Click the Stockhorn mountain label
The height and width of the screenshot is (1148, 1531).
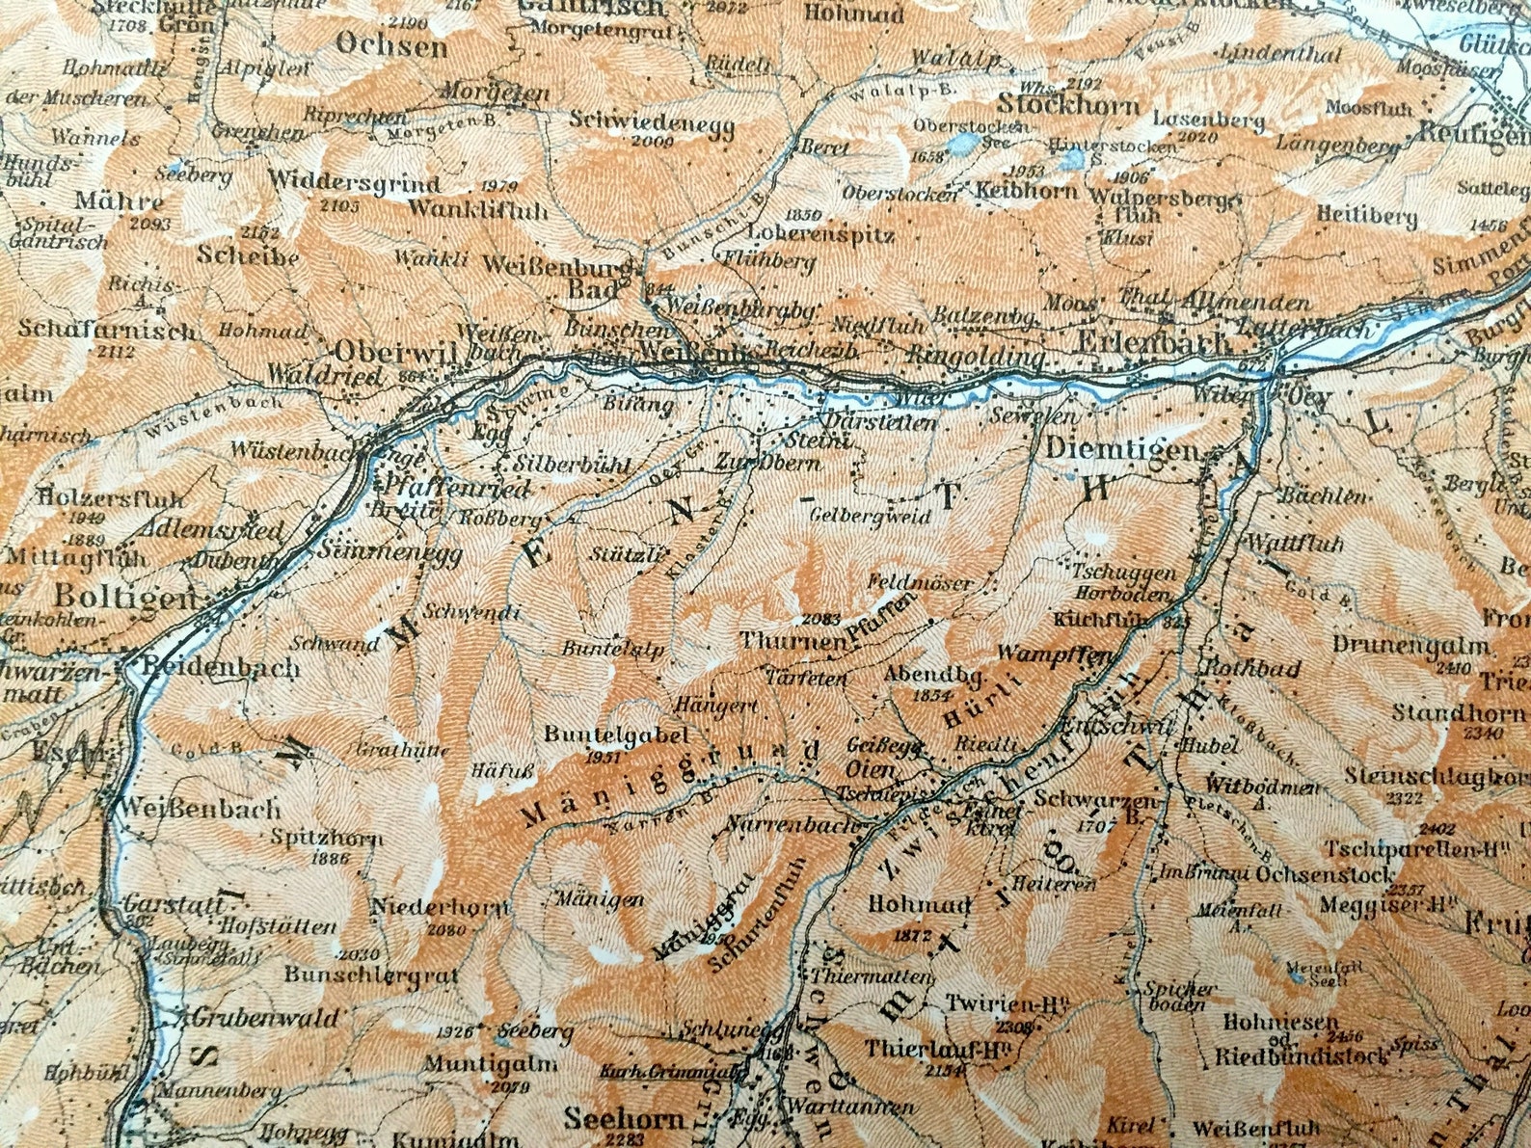(x=1068, y=104)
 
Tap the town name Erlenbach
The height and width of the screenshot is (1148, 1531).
(x=1152, y=341)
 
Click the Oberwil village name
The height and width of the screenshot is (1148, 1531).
(x=395, y=351)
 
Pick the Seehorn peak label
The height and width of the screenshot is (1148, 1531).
(x=625, y=1119)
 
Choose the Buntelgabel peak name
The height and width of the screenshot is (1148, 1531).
(x=616, y=734)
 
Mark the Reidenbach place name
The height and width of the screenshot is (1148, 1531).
(x=220, y=668)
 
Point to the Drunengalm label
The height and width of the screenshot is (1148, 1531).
(x=1412, y=644)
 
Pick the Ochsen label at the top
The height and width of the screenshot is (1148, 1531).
(x=391, y=45)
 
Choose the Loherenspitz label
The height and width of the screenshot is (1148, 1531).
(x=808, y=234)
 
